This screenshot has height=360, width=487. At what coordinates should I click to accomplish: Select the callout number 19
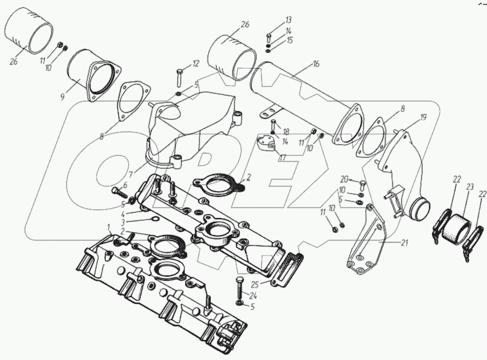423,118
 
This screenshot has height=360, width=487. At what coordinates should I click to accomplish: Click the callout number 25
255,284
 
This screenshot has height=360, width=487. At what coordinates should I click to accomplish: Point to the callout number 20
344,179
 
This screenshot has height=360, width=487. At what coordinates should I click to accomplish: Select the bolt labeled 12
180,77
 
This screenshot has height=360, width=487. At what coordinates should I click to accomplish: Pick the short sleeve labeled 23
453,227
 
